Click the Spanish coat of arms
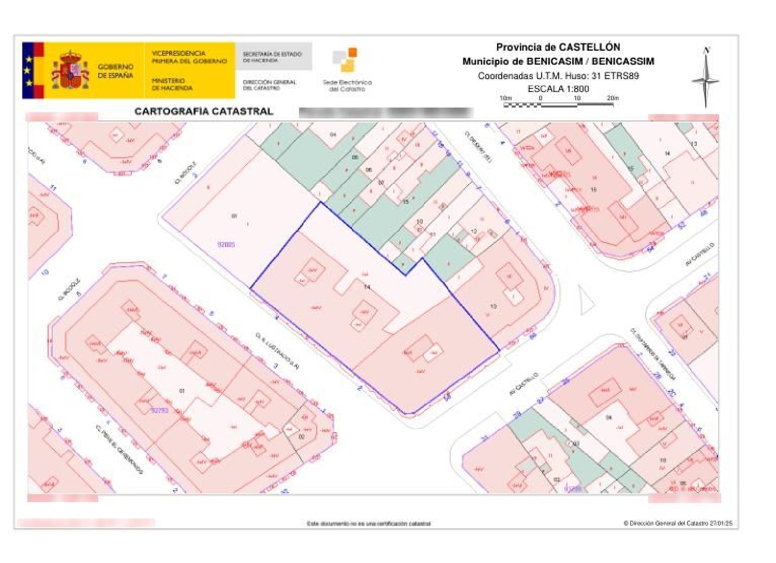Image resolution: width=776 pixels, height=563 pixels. [70, 70]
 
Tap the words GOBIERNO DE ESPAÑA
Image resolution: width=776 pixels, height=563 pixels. [115, 71]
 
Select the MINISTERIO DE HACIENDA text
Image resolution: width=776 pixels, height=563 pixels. [172, 84]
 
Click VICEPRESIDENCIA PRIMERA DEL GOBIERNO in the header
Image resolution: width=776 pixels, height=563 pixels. [189, 57]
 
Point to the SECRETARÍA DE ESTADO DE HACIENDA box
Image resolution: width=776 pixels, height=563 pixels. [273, 56]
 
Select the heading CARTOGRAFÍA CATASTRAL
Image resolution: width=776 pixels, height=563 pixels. [204, 111]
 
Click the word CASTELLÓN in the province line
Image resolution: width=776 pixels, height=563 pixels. [589, 47]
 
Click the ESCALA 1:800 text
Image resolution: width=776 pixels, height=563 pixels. [558, 88]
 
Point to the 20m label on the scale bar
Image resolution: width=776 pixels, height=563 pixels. [613, 98]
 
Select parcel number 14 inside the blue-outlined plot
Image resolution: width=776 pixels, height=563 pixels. [367, 287]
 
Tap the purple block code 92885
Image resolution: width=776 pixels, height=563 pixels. [226, 244]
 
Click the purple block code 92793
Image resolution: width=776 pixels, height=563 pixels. [160, 410]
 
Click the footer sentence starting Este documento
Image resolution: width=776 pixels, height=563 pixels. [368, 524]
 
